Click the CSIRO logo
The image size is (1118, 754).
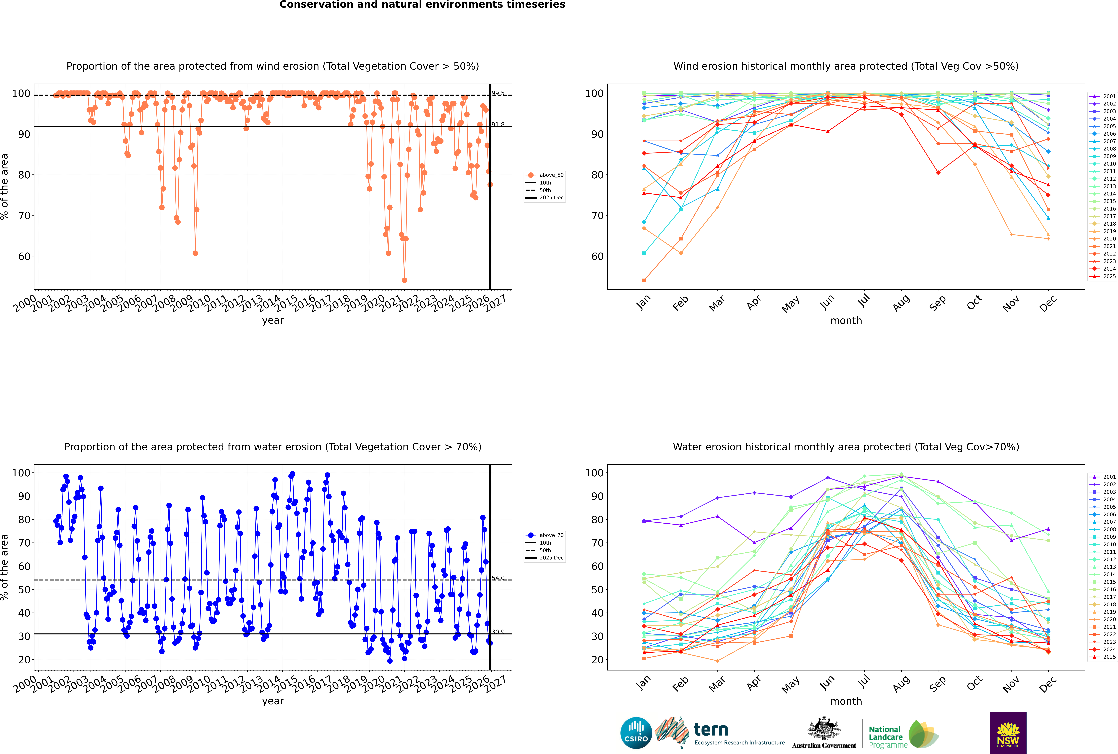point(636,733)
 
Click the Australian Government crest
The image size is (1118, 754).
point(823,728)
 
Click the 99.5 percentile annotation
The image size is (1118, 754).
point(498,93)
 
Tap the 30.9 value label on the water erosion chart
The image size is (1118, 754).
point(498,632)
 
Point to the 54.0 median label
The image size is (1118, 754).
point(498,578)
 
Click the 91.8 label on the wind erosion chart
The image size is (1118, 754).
point(498,125)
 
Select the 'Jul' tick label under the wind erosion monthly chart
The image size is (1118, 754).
point(864,301)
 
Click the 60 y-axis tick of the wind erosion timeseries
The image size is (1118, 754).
point(24,256)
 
